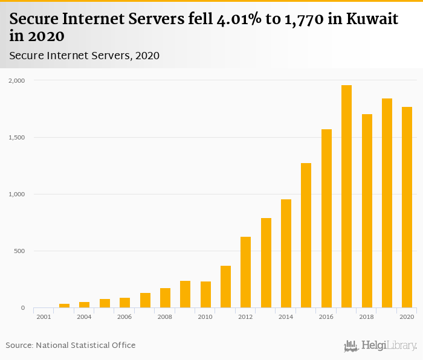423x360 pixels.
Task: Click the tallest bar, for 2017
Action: pyautogui.click(x=346, y=196)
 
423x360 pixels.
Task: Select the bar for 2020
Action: pyautogui.click(x=407, y=207)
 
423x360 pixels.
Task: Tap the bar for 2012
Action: pyautogui.click(x=245, y=272)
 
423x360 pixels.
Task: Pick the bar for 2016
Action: pyautogui.click(x=326, y=219)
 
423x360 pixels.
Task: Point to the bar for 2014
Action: pyautogui.click(x=286, y=254)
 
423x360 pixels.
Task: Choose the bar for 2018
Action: pyautogui.click(x=367, y=211)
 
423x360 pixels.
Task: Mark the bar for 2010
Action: pyautogui.click(x=205, y=295)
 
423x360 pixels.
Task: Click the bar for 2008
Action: pyautogui.click(x=165, y=298)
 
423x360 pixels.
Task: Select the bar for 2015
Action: pyautogui.click(x=306, y=236)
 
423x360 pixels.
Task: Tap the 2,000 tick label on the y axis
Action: pyautogui.click(x=18, y=80)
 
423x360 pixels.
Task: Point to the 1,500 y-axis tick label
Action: pyautogui.click(x=18, y=137)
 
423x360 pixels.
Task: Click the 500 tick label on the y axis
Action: pyautogui.click(x=20, y=251)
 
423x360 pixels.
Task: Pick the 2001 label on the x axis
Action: pyautogui.click(x=44, y=317)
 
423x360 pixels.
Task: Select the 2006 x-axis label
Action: pyautogui.click(x=124, y=317)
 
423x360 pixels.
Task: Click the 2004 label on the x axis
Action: pyautogui.click(x=84, y=317)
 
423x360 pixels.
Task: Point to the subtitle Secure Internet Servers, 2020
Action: pyautogui.click(x=84, y=56)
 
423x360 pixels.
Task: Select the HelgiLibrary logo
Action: pyautogui.click(x=381, y=346)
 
